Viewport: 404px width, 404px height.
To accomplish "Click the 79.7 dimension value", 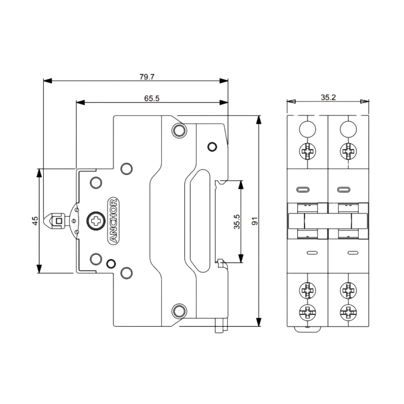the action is pos(147,77).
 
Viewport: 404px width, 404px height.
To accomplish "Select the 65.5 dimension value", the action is pos(152,98).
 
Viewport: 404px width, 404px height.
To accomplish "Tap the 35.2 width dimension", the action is pos(328,97).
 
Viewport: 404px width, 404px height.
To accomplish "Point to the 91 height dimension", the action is pos(255,221).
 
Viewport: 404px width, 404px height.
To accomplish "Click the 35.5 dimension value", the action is pos(237,221).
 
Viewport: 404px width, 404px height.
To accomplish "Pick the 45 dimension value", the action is pos(35,221).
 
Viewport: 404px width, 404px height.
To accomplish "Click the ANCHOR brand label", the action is pos(113,221).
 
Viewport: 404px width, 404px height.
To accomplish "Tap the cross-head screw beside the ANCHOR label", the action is pos(97,221).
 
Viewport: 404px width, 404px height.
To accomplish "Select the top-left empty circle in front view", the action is pos(307,129).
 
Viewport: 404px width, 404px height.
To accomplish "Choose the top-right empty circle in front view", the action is pos(348,129).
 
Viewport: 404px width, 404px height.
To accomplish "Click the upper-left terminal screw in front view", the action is pos(307,151).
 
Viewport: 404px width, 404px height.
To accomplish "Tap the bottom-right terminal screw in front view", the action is pos(348,312).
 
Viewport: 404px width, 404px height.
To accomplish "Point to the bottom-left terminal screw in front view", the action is pos(307,312).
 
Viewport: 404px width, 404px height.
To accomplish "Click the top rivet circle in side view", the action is pos(179,131).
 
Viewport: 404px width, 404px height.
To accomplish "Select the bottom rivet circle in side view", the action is pos(179,311).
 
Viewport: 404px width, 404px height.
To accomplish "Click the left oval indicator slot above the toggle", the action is pos(303,190).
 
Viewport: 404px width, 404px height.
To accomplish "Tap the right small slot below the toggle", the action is pos(353,253).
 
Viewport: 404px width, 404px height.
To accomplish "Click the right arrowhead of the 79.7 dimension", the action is pos(224,81).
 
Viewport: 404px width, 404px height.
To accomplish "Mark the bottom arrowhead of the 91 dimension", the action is pos(259,322).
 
